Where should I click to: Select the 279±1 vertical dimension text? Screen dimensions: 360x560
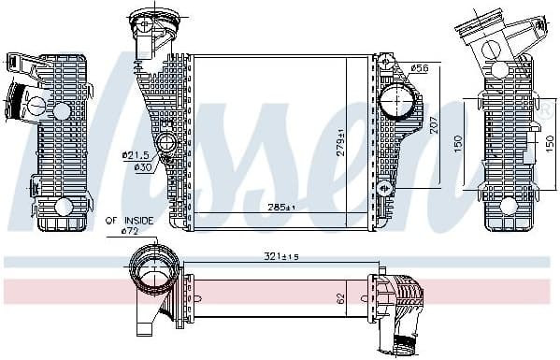342,140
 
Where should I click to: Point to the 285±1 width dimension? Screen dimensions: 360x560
280,207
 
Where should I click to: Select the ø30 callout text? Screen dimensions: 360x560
142,167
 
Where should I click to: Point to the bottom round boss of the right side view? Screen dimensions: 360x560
508,206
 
